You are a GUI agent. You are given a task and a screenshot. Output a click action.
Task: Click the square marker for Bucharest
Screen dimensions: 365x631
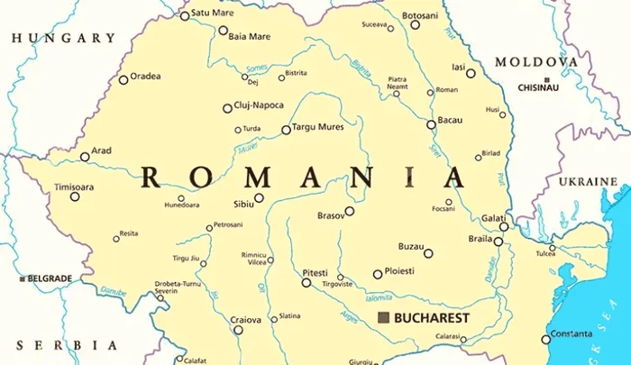[384, 318]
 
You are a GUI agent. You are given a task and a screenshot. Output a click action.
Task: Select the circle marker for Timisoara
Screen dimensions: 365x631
[75, 196]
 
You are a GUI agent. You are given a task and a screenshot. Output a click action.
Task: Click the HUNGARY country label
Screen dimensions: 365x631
[61, 39]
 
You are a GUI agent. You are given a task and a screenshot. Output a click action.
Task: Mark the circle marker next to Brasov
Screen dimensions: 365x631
[350, 211]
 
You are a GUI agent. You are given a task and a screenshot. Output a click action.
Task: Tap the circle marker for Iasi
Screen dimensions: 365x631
[471, 73]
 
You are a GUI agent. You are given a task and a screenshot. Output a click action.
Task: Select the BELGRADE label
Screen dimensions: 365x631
[50, 279]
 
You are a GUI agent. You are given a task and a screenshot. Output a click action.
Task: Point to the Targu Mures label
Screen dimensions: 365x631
[319, 127]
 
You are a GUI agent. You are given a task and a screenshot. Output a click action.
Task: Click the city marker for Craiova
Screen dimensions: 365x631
[238, 330]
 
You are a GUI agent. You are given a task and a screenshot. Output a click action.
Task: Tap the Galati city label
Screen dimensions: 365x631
[492, 217]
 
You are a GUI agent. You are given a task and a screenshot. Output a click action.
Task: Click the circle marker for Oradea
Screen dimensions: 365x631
[123, 79]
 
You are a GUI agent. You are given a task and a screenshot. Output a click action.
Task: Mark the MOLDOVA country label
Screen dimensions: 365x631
[536, 62]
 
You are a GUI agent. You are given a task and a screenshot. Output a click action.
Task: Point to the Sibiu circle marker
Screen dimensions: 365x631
[259, 198]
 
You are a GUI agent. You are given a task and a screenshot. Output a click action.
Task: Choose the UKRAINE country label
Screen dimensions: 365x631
[588, 182]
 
